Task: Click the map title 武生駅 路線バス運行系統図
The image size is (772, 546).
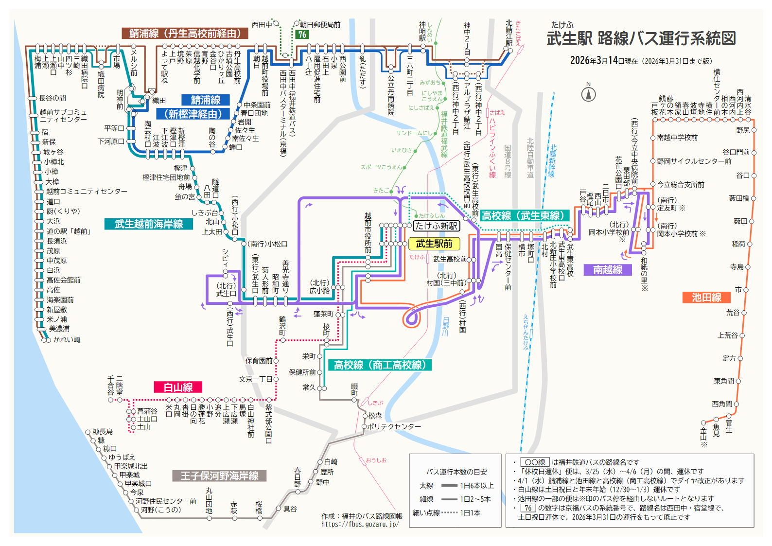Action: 641,38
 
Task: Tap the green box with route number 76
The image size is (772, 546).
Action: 302,35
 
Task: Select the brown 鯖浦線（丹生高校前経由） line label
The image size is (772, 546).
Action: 185,33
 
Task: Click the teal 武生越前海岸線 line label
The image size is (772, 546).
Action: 149,224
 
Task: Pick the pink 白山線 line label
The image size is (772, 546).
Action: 178,387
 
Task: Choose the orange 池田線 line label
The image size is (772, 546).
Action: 706,297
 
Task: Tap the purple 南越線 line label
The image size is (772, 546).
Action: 608,269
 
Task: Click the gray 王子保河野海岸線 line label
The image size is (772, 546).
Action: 219,476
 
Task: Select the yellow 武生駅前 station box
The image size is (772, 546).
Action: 434,244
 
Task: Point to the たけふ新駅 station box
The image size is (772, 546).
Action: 436,226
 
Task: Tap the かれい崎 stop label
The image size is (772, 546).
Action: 67,339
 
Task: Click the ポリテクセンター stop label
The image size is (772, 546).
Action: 394,426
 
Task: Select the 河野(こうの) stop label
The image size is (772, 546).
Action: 161,510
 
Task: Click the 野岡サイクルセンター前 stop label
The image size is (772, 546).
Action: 694,161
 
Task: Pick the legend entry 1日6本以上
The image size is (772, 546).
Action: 477,485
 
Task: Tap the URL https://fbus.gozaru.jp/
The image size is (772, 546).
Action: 360,524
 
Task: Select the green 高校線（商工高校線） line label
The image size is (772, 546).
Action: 380,365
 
